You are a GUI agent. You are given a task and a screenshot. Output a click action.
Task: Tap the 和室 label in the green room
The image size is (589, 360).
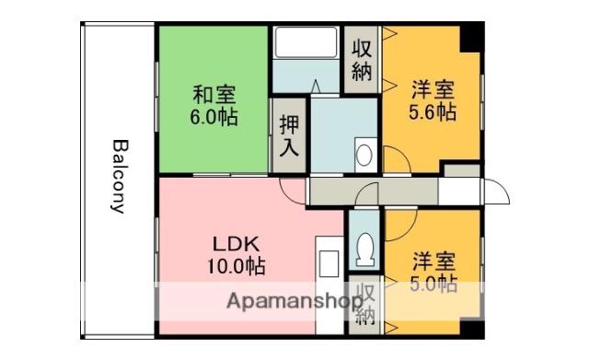click(x=214, y=94)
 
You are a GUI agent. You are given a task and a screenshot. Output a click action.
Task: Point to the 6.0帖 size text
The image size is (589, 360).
click(x=214, y=117)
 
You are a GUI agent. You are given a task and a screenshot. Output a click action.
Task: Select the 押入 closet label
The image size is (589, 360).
click(x=289, y=135)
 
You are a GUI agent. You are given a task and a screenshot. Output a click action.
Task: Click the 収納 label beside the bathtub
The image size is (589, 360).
click(x=362, y=60)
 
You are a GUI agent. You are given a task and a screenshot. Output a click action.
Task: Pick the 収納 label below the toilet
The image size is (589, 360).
click(x=366, y=305)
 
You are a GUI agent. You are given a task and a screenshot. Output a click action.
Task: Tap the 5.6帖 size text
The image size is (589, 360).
click(x=432, y=113)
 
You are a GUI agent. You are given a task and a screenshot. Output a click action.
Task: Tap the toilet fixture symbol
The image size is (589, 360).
click(x=364, y=246)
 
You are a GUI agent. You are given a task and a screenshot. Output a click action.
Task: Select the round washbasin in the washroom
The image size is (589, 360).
click(x=364, y=154)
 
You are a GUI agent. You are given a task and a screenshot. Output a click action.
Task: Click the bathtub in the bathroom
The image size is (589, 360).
click(x=306, y=44)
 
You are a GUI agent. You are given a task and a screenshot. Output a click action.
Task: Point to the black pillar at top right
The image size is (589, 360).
click(x=470, y=38)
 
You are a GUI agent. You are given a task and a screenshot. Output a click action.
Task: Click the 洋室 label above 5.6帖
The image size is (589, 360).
click(x=432, y=90)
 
